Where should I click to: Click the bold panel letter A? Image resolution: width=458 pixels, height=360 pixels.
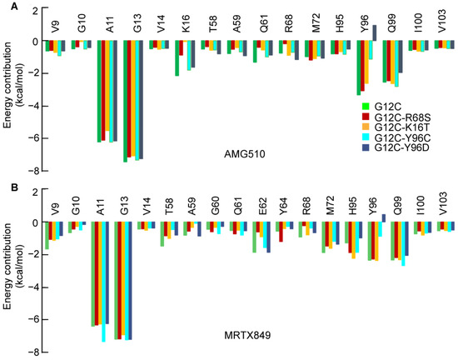[7, 7]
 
